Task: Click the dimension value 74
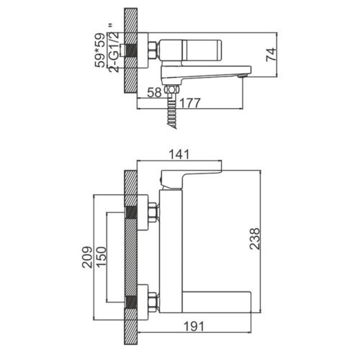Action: tap(271, 55)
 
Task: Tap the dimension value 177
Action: tap(189, 103)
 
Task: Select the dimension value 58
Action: tap(154, 92)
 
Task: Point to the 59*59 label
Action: tap(100, 50)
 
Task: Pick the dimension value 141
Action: tap(179, 154)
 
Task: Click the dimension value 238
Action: tap(255, 239)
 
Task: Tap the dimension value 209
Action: tap(87, 257)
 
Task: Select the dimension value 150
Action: tap(101, 256)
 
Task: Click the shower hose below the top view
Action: tap(172, 112)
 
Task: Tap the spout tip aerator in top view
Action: tap(241, 76)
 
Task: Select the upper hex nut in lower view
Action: tap(153, 211)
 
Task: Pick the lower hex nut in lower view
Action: tap(153, 300)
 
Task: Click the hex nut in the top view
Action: tap(153, 50)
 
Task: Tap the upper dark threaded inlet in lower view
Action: tap(131, 212)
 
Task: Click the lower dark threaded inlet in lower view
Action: tap(131, 302)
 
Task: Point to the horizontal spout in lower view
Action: tap(217, 302)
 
